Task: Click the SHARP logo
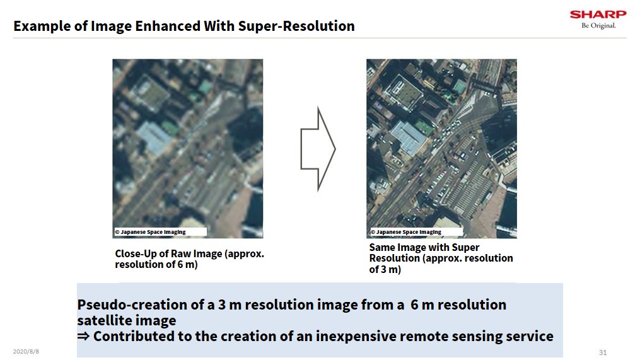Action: point(598,15)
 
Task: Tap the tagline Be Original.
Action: point(599,26)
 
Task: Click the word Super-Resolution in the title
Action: point(296,26)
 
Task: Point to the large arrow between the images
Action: point(318,149)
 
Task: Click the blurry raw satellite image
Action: point(188,149)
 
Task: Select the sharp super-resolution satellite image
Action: point(441,149)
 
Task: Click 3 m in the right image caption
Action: point(388,269)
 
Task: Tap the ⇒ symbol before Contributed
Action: point(83,336)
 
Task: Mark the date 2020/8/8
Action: point(26,351)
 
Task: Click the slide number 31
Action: point(603,352)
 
